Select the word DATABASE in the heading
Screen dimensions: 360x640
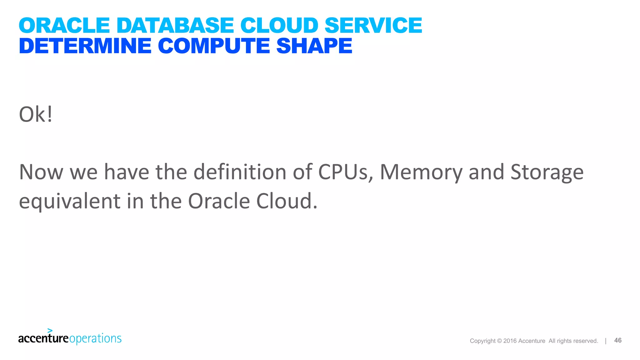[175, 25]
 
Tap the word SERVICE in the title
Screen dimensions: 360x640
[373, 25]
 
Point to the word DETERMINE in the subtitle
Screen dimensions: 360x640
[85, 46]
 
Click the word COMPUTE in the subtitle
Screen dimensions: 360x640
[214, 46]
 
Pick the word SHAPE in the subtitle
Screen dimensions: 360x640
[314, 46]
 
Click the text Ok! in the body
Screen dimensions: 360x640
[36, 114]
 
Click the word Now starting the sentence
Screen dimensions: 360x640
[41, 172]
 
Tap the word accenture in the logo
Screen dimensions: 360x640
[43, 338]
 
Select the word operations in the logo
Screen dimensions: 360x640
[95, 339]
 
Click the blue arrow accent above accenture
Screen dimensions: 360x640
[50, 330]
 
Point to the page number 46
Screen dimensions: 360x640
[618, 340]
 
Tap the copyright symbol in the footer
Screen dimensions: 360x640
[499, 341]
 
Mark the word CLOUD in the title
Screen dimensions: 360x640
[279, 25]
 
